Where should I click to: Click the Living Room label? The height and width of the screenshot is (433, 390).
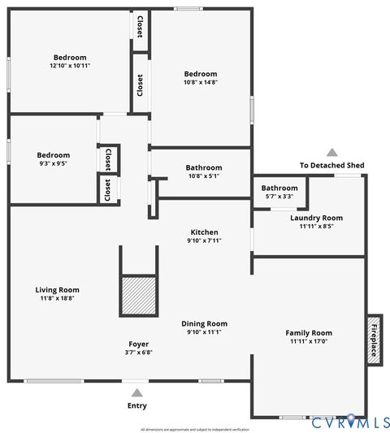pos(57,289)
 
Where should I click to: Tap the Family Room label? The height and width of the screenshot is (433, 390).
pos(308,332)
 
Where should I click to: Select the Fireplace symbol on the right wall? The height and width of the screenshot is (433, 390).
pos(374,340)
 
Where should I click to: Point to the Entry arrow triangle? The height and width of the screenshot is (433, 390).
pos(135,392)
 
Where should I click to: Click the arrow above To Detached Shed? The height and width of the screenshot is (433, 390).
pos(331,152)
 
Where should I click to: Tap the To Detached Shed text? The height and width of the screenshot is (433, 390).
pos(331,166)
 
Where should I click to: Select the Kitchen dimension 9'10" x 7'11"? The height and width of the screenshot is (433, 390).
pos(204,240)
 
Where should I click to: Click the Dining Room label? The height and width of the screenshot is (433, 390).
pos(204,323)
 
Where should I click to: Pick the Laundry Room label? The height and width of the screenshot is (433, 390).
pos(316,218)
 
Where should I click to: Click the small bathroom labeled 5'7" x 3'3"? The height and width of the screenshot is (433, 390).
pos(279,192)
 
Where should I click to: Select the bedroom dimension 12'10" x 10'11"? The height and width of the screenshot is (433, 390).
pos(69,66)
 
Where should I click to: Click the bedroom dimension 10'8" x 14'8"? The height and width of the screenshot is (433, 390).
pos(200,81)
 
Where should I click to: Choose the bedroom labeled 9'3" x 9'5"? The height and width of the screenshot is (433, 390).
pos(53,159)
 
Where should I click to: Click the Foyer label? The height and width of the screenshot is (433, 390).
pos(138,344)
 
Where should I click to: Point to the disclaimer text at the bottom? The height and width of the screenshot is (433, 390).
pos(195,429)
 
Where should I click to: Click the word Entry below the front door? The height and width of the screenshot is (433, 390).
pos(137,405)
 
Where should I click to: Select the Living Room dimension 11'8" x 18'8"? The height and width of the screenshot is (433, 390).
pos(57,298)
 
